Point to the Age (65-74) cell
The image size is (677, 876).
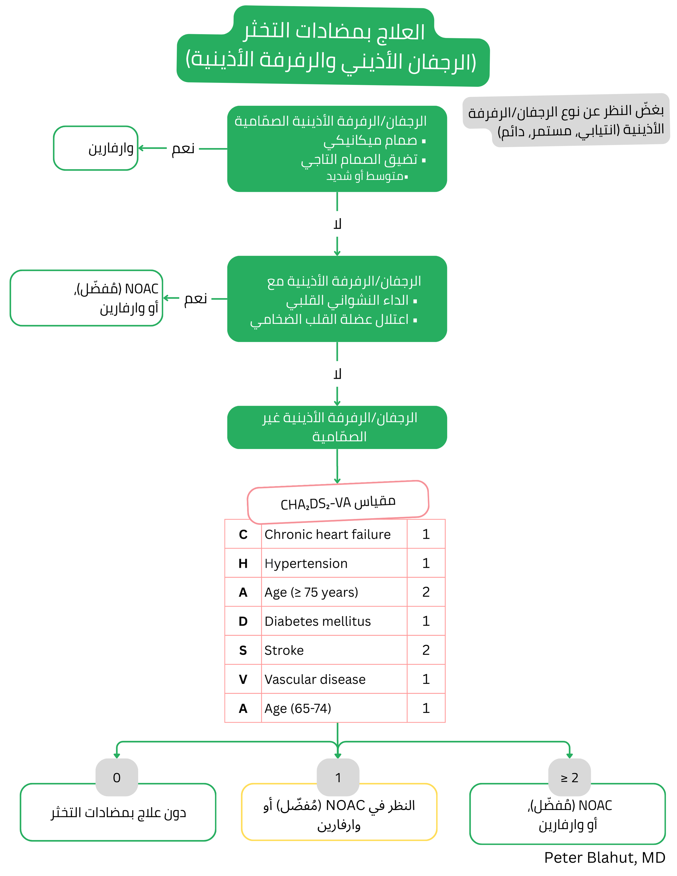pyautogui.click(x=298, y=708)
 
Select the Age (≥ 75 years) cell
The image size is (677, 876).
pyautogui.click(x=311, y=592)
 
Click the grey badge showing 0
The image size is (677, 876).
pyautogui.click(x=117, y=777)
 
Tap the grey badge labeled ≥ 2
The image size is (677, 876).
pyautogui.click(x=569, y=777)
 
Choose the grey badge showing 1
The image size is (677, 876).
pyautogui.click(x=338, y=777)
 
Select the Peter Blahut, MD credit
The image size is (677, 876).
pyautogui.click(x=604, y=858)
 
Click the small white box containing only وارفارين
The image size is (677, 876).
pyautogui.click(x=96, y=148)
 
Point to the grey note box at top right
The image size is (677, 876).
pyautogui.click(x=566, y=120)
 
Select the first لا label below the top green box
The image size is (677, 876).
pyautogui.click(x=337, y=224)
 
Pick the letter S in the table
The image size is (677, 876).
pyautogui.click(x=243, y=650)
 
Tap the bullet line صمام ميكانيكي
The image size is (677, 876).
pyautogui.click(x=373, y=140)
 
